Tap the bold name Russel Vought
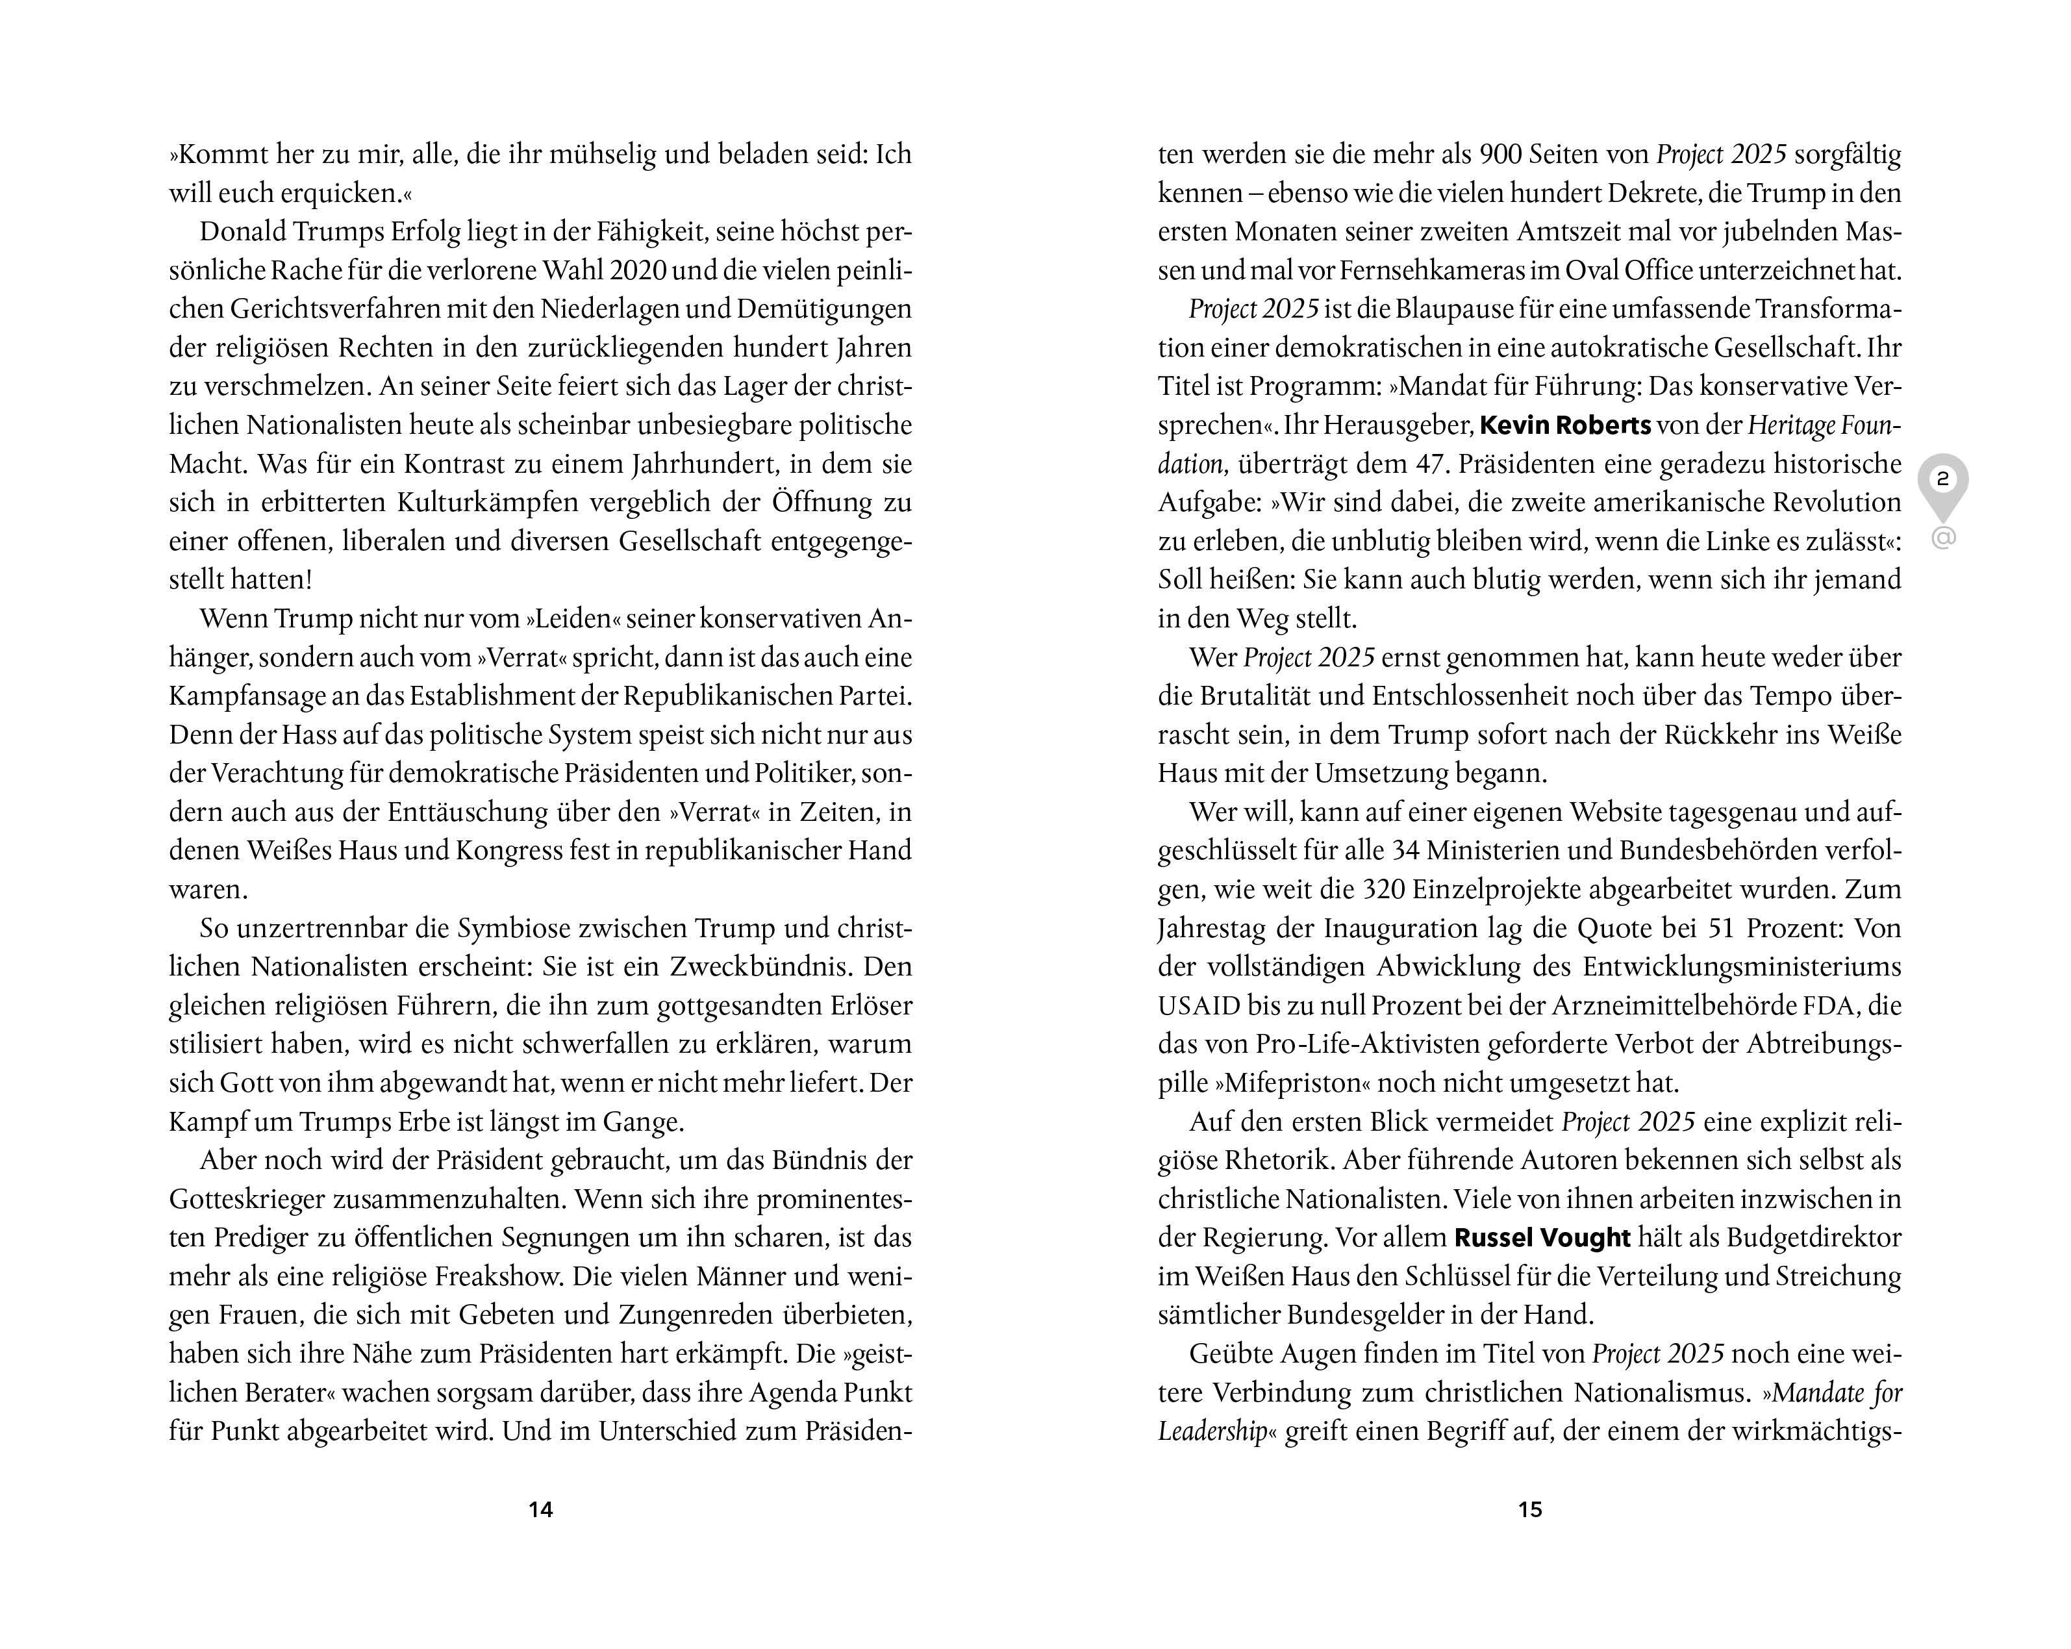click(x=1542, y=1238)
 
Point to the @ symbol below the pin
click(x=1942, y=538)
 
